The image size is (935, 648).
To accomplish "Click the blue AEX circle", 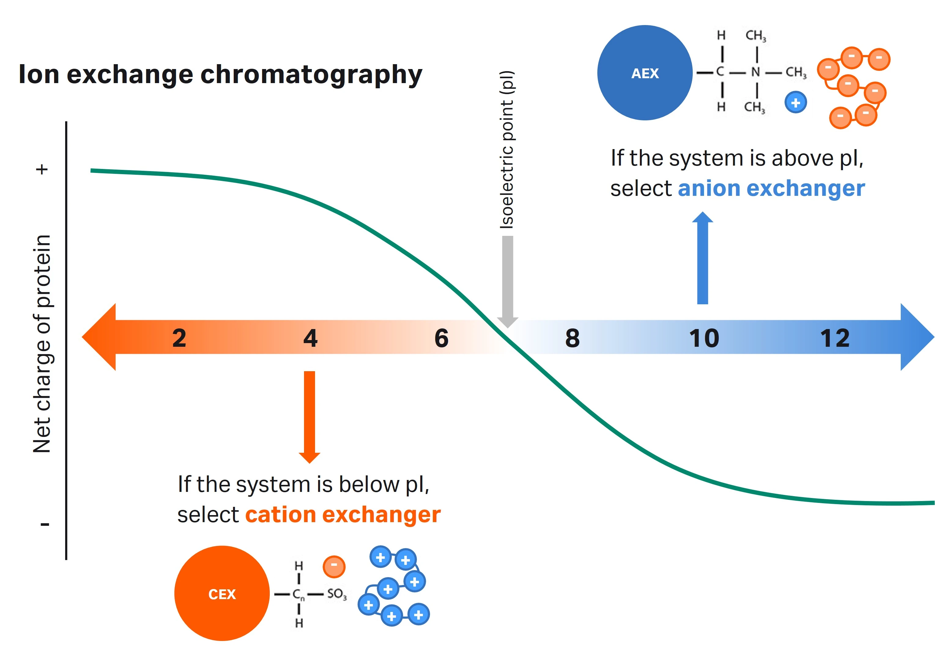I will [644, 73].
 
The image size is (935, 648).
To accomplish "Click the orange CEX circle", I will [222, 594].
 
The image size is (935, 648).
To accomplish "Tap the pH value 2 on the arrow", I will [179, 338].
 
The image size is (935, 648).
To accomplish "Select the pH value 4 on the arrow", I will [310, 338].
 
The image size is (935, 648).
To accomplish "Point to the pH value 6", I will [441, 338].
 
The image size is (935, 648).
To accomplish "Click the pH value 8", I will [572, 338].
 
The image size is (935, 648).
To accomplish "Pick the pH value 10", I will [704, 338].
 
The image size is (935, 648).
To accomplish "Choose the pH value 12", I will [835, 338].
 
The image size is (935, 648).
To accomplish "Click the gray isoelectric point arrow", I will [507, 280].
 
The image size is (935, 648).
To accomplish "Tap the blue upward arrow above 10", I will [702, 260].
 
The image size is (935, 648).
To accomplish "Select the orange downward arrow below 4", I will [310, 414].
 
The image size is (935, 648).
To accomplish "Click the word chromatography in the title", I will [311, 75].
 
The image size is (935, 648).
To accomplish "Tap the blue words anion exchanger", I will [771, 189].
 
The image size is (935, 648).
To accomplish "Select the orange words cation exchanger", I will [343, 515].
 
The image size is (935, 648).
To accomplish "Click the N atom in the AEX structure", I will [755, 72].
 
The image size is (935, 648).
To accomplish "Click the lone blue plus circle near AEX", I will [795, 103].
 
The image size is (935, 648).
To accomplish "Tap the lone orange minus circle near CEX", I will [334, 566].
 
